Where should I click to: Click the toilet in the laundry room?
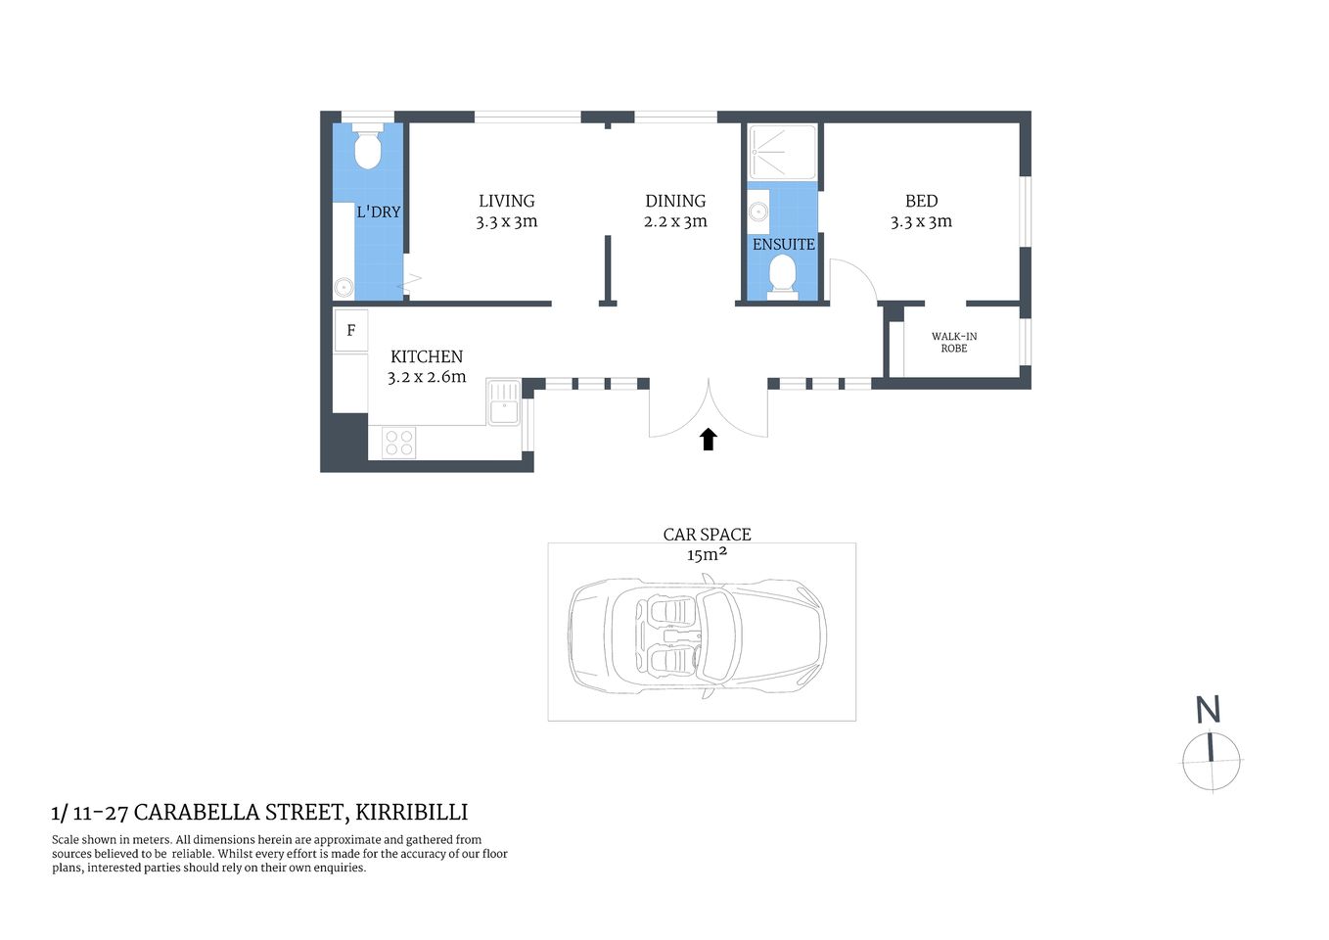(x=367, y=148)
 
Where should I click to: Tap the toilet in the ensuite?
(x=782, y=274)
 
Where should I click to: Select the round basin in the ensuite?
(x=756, y=211)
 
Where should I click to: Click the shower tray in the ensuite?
(x=782, y=152)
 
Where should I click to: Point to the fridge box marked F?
(x=350, y=331)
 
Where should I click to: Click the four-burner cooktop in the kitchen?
(x=398, y=443)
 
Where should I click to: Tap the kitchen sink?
(x=503, y=401)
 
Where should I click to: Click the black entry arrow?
(x=709, y=439)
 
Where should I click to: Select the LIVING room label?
(x=506, y=201)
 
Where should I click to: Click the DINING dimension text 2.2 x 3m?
(x=675, y=222)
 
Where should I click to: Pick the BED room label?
(x=921, y=201)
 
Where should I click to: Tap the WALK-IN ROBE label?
(x=953, y=342)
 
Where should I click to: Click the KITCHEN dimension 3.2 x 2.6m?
(x=427, y=377)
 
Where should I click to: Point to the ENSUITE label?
(x=783, y=244)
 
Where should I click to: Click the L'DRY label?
(x=378, y=211)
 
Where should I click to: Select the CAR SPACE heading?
(x=707, y=534)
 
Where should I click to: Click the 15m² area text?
(x=707, y=555)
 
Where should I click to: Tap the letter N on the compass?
(x=1208, y=709)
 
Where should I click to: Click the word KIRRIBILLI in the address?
(x=411, y=812)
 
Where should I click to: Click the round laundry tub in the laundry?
(x=344, y=287)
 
